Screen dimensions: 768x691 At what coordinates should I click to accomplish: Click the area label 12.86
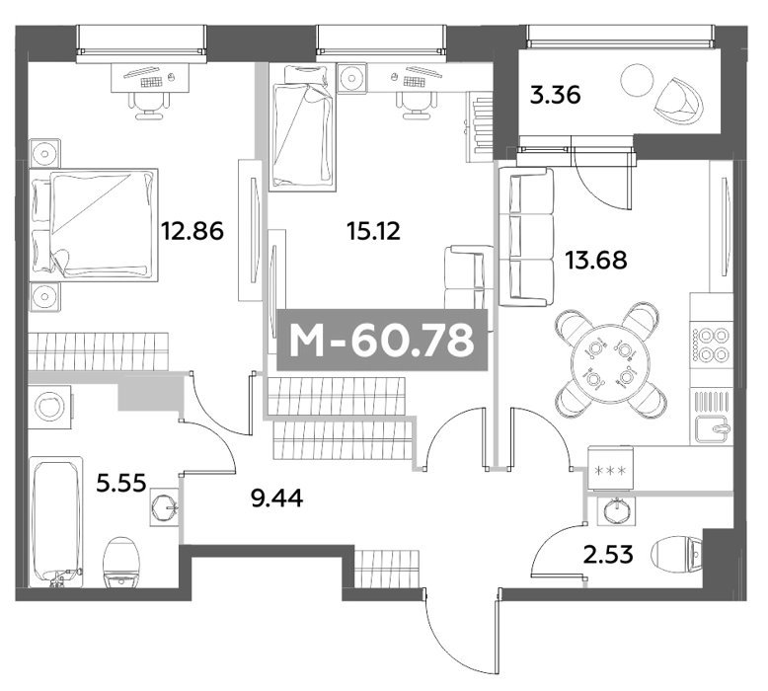[x=192, y=231]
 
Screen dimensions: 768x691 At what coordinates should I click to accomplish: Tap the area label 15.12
[x=373, y=231]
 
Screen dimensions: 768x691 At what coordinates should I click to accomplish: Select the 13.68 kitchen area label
[x=596, y=260]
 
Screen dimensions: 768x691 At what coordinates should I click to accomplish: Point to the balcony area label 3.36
[x=556, y=95]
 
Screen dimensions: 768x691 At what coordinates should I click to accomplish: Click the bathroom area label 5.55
[x=121, y=484]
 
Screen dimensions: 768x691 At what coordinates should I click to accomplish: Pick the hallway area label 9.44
[x=276, y=499]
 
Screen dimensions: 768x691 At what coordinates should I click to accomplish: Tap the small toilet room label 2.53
[x=608, y=555]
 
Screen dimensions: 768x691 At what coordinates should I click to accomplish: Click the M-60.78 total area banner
[x=383, y=340]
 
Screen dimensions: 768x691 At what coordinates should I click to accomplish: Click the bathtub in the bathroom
[x=56, y=521]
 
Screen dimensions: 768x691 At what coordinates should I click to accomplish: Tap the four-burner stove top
[x=711, y=345]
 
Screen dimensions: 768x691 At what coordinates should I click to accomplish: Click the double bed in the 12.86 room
[x=94, y=225]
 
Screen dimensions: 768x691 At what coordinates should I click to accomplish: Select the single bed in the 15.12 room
[x=302, y=126]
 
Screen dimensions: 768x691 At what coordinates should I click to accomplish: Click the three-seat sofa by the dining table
[x=526, y=237]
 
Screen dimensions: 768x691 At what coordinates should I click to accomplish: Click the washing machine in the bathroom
[x=50, y=407]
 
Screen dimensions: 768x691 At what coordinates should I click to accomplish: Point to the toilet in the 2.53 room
[x=677, y=555]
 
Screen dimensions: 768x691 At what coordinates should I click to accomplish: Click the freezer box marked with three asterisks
[x=610, y=471]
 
